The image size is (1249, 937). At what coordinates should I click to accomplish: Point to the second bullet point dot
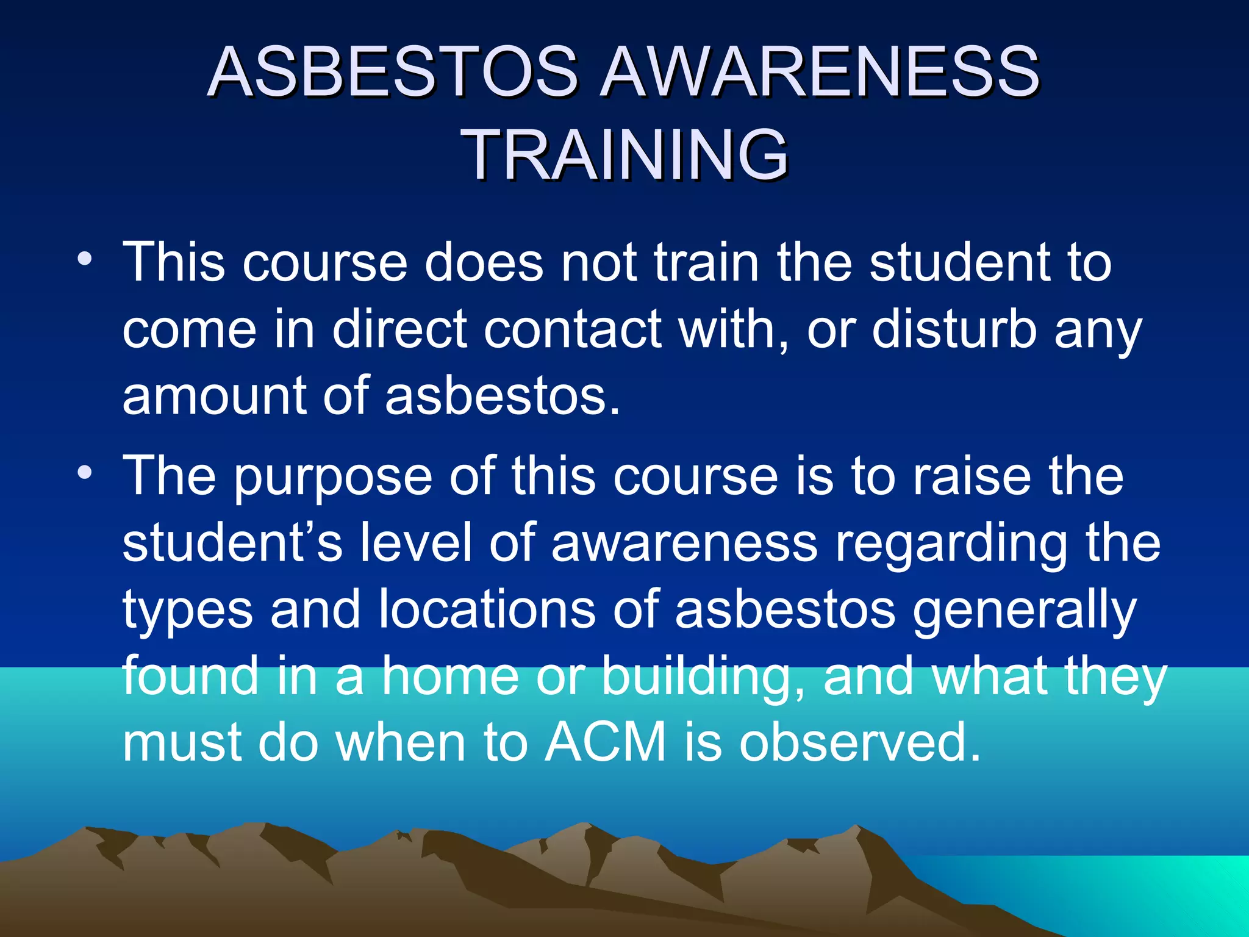85,472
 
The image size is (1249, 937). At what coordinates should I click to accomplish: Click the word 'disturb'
954,329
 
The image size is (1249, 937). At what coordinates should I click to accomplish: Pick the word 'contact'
573,329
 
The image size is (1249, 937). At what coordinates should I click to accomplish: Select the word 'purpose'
333,477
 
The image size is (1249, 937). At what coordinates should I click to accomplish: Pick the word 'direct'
399,329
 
